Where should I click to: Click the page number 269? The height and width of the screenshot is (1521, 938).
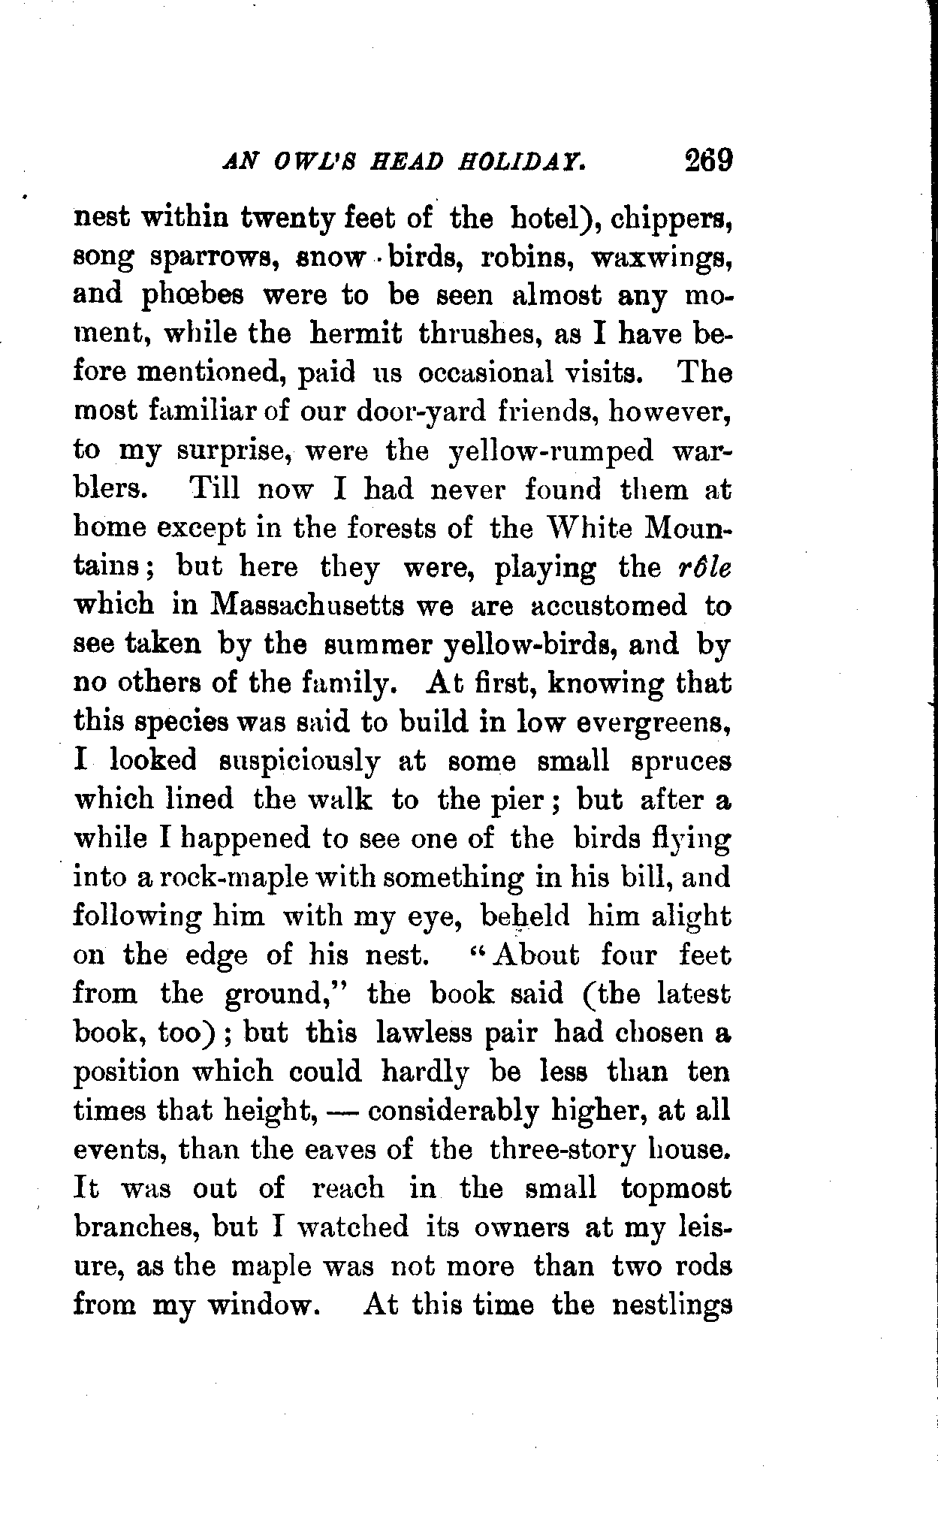point(707,161)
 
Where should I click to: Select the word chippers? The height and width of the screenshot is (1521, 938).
point(671,219)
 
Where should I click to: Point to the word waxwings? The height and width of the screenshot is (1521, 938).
point(661,257)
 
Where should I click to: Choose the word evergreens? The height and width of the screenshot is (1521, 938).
point(649,723)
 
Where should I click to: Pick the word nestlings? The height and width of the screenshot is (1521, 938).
point(671,1305)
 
